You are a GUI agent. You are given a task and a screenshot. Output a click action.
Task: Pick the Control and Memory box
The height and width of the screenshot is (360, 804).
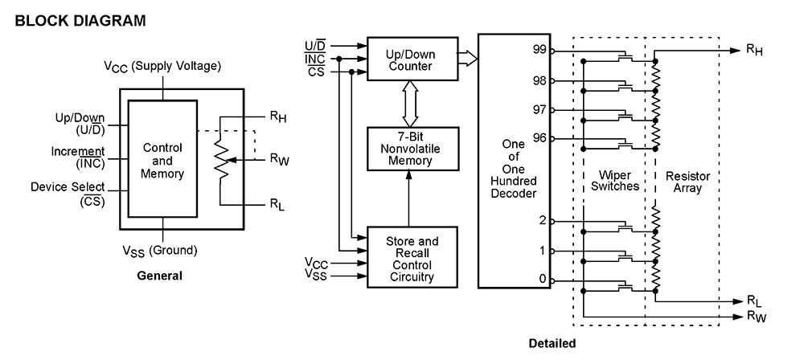[x=162, y=161]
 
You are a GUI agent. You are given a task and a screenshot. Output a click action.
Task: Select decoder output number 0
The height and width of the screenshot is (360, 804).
[x=543, y=280]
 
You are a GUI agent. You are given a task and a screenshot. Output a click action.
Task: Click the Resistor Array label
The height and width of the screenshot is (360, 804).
[x=683, y=181]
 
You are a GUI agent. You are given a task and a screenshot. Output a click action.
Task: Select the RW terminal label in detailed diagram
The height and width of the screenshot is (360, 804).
[x=755, y=317]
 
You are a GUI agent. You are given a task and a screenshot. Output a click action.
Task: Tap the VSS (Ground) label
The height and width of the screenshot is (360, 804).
[x=161, y=250]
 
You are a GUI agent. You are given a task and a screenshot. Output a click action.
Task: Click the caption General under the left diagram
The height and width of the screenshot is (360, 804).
[x=159, y=276]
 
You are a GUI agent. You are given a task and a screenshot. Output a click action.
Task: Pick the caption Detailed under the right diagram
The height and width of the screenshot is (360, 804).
[x=552, y=344]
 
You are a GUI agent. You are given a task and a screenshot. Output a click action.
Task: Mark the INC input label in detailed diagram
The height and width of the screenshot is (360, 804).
[x=315, y=59]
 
